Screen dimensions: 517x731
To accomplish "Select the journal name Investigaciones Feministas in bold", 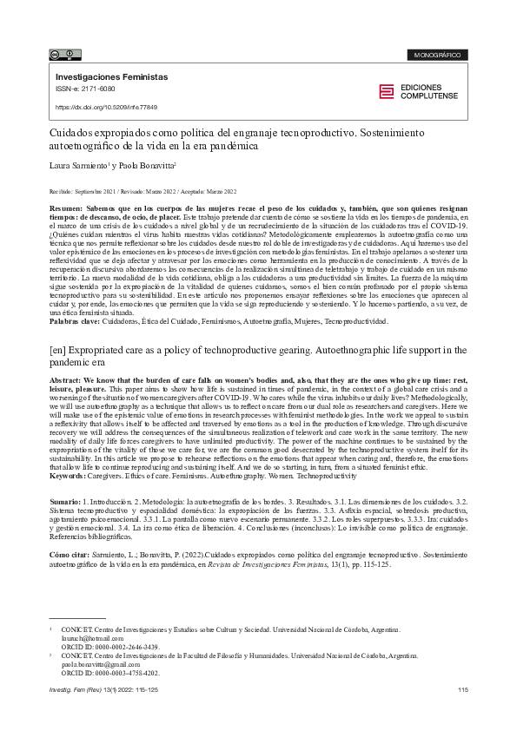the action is [111, 77].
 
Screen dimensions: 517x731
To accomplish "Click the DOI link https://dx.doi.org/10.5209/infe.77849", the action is [106, 107].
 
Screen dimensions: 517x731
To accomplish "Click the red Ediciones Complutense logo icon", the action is [387, 91].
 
